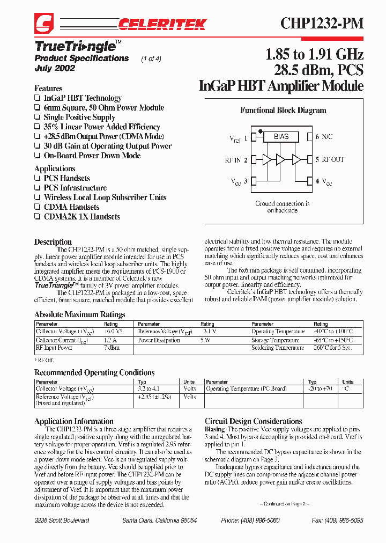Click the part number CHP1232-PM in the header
pyautogui.click(x=322, y=23)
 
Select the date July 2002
pyautogui.click(x=55, y=68)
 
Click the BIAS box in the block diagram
pyautogui.click(x=281, y=137)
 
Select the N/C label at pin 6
pyautogui.click(x=326, y=137)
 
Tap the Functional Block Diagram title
pyautogui.click(x=283, y=111)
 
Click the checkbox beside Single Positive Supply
pyautogui.click(x=38, y=118)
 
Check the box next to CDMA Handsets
pyautogui.click(x=38, y=207)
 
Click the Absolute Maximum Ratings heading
pyautogui.click(x=80, y=314)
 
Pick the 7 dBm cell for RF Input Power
pyautogui.click(x=112, y=348)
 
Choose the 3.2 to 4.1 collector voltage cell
pyautogui.click(x=149, y=388)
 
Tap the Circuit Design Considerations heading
pyautogui.click(x=253, y=421)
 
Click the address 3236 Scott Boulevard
pyautogui.click(x=62, y=520)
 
